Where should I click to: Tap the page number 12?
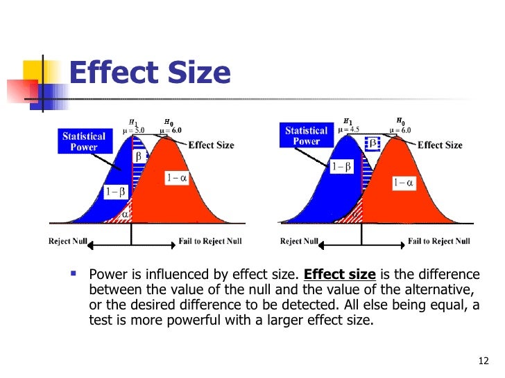coord(483,360)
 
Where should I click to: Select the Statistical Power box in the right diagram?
coord(306,136)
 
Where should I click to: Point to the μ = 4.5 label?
coord(349,129)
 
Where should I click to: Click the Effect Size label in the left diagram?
coord(211,145)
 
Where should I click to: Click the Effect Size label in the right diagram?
coord(440,145)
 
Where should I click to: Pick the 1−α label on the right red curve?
coord(402,183)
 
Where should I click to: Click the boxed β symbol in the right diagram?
coord(372,143)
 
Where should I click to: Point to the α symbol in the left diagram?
coord(126,215)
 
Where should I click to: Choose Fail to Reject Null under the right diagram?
coord(438,241)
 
